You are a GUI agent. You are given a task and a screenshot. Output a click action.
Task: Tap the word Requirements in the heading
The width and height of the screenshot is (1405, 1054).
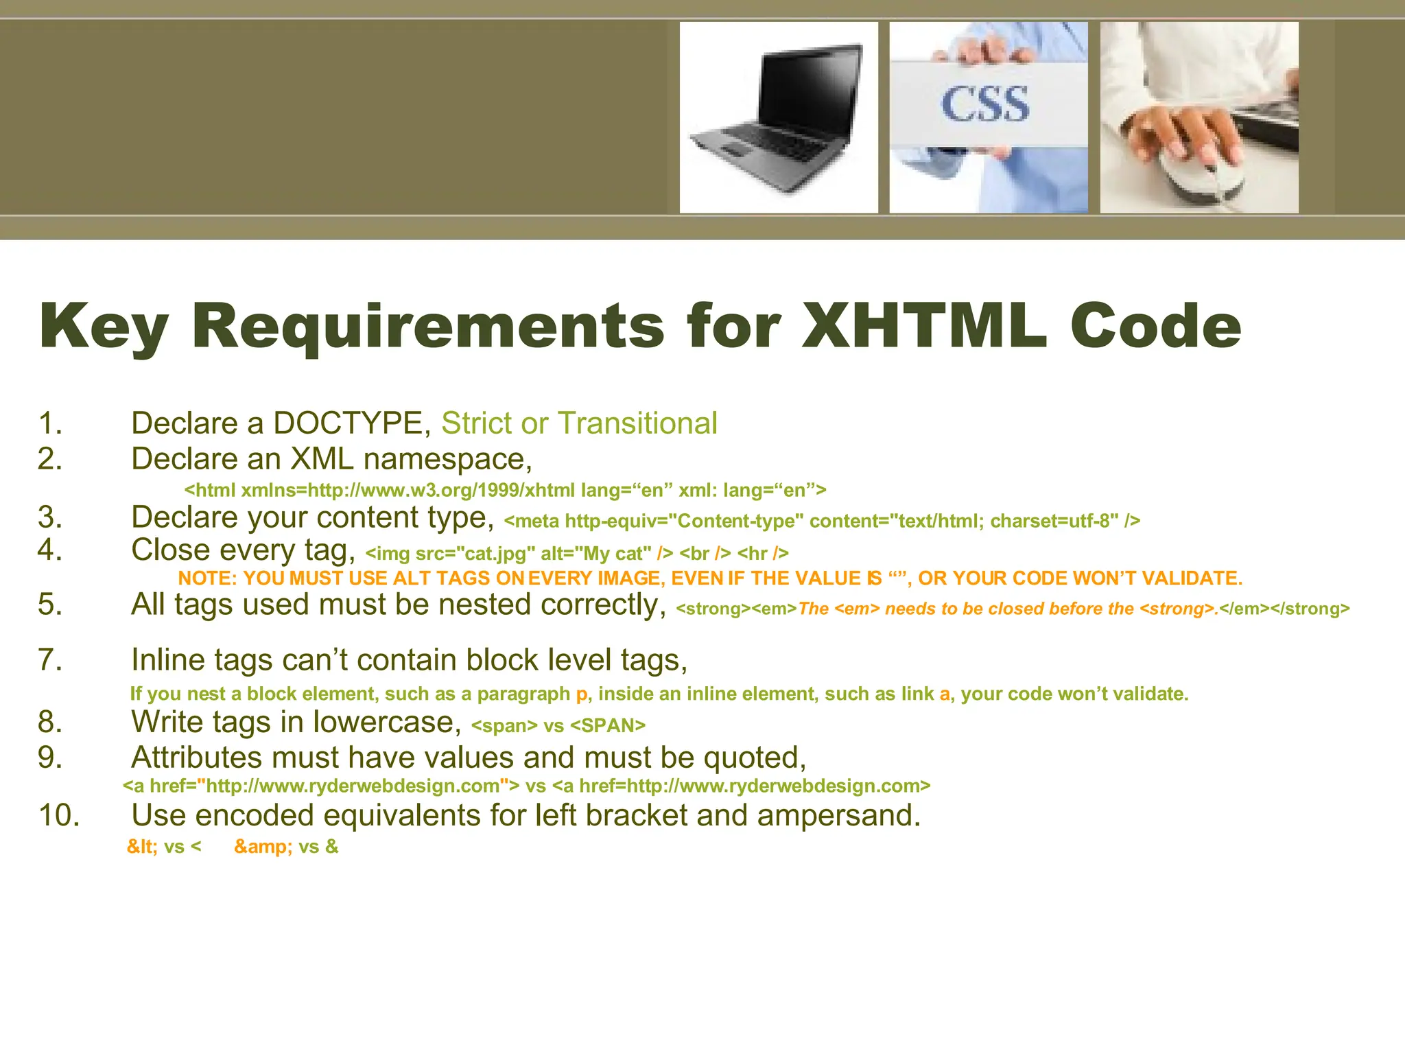point(428,327)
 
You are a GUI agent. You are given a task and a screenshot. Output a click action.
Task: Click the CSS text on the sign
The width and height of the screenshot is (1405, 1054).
point(985,104)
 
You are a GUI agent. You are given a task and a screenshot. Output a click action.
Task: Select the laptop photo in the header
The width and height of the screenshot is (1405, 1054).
point(779,117)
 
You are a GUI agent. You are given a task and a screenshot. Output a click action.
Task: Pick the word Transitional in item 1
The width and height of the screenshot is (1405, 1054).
point(637,423)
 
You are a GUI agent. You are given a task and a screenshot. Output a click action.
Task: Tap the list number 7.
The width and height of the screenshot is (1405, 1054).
point(50,659)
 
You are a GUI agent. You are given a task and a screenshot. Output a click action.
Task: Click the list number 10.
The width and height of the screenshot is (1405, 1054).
point(58,815)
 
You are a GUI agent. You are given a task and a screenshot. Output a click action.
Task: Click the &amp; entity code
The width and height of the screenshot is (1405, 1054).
point(263,847)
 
